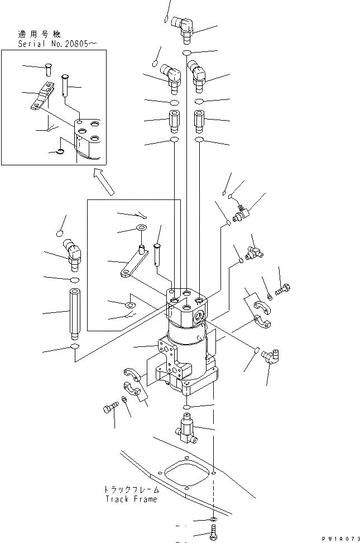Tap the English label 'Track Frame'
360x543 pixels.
pyautogui.click(x=131, y=499)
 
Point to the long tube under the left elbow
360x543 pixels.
pyautogui.click(x=75, y=314)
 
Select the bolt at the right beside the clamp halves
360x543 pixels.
pyautogui.click(x=282, y=290)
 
